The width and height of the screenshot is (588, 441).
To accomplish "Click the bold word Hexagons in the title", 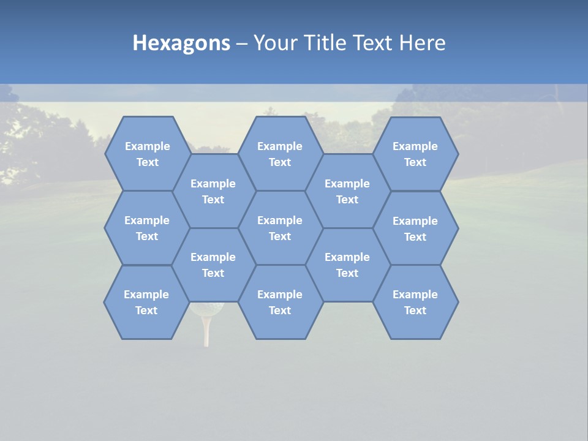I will coord(181,43).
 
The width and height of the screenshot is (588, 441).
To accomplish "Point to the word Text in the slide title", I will coord(374,43).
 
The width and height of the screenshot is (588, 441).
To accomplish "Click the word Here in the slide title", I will coord(423,43).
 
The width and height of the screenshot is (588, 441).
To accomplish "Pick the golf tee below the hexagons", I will coord(206,331).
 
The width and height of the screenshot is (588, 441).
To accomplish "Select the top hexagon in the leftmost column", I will coord(147,154).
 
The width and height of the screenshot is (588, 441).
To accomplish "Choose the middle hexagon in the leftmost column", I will coord(147,228).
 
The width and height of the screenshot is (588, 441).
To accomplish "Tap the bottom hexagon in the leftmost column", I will coord(146,302).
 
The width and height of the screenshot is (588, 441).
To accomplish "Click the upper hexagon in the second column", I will coord(213,191).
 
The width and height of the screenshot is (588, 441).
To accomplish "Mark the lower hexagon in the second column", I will coord(213,265).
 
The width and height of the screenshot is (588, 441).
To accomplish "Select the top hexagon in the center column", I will coord(280,154).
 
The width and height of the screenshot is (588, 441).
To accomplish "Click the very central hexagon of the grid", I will coord(280,228).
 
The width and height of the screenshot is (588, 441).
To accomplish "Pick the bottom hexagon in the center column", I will coord(280,302).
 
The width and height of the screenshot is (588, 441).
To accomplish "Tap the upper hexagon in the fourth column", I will coord(347,191).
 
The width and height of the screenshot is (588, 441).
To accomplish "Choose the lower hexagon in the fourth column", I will coord(347,265).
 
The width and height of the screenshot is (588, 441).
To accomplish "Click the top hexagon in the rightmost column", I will coord(415,154).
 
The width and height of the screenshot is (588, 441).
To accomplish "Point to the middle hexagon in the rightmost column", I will coord(415,228).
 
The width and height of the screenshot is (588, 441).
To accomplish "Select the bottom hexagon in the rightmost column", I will coord(415,302).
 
